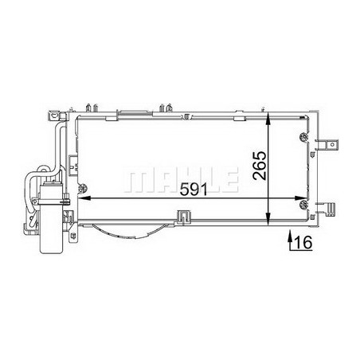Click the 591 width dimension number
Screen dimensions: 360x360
194,190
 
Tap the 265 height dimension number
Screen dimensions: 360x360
260,166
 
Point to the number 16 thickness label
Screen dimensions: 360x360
303,243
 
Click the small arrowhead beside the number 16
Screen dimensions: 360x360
290,234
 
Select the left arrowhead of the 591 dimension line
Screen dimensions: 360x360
84,198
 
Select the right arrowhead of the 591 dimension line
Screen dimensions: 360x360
300,198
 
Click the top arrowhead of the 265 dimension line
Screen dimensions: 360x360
268,119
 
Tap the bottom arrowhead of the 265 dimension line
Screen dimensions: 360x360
268,220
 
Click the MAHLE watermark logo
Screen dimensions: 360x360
181,180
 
